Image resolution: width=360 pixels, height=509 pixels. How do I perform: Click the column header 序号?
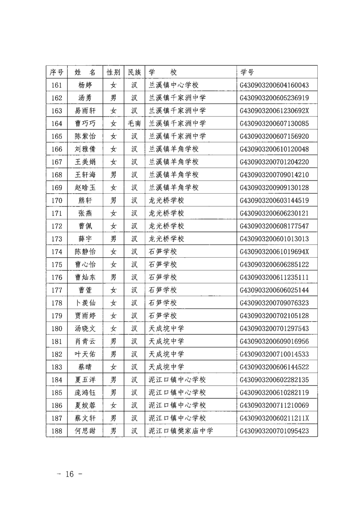point(57,72)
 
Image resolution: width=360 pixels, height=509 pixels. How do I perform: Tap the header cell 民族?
point(134,72)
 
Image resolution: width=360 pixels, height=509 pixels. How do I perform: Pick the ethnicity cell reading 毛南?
point(134,123)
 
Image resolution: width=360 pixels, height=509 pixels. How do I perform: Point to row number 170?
point(57,200)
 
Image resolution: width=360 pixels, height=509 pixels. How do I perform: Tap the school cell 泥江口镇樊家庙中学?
point(181,431)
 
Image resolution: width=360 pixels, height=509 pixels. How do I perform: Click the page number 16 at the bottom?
point(69,474)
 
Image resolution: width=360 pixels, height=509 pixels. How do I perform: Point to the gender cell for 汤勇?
point(113,98)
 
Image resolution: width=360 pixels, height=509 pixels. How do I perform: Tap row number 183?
point(57,367)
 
